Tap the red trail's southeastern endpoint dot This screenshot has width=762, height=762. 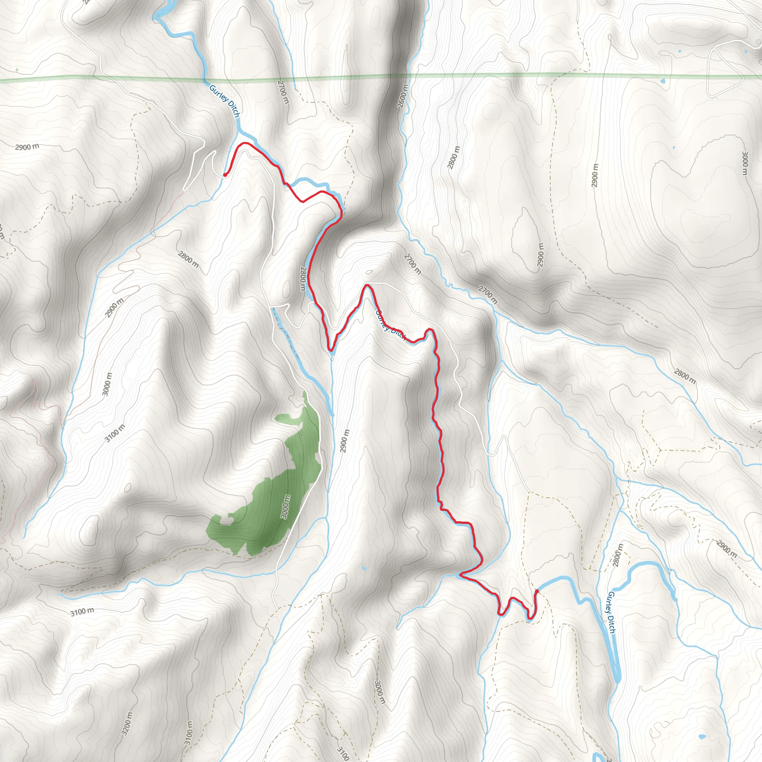pos(537,591)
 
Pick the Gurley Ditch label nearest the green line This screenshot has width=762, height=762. pos(224,101)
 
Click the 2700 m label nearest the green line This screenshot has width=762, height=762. pos(283,92)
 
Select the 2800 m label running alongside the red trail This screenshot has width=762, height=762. pos(303,278)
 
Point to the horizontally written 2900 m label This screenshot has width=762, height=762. pos(27,147)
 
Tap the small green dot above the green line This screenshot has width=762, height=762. pos(17,70)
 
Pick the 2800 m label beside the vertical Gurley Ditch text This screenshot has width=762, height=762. pos(618,556)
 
